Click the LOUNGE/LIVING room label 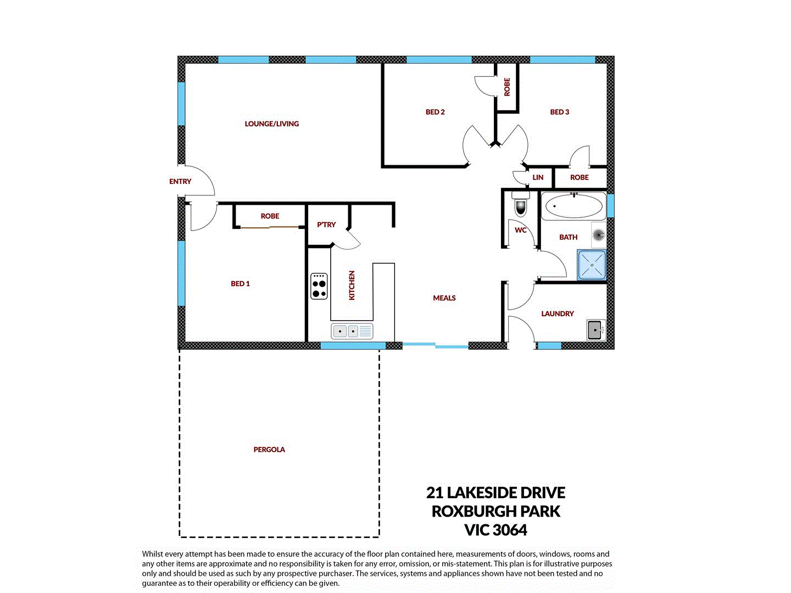pos(272,124)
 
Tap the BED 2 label pos(435,112)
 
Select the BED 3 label pos(559,112)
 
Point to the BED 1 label pos(240,284)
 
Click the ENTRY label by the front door pos(180,182)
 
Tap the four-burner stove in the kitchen pos(319,286)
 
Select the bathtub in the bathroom pos(573,206)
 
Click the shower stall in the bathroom pos(592,265)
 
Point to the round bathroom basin pos(599,236)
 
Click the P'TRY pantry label pos(326,225)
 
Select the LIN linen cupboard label pos(538,177)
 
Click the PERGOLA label pos(269,450)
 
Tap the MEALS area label pos(444,298)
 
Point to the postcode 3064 pos(510,530)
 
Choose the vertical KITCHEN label pos(352,285)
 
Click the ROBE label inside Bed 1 pos(270,216)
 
